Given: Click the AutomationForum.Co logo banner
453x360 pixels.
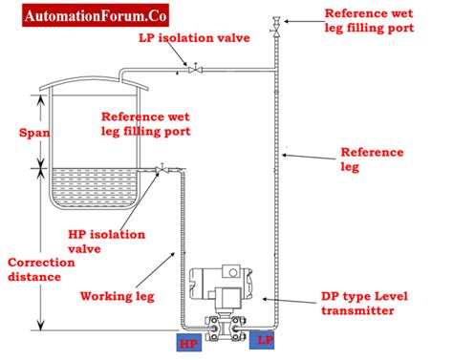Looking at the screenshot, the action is pos(96,15).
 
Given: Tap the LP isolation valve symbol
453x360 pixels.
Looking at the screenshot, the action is pos(195,69).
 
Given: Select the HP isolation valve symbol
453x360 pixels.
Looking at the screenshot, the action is pos(162,169).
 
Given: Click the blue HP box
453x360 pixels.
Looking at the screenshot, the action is pos(189,343).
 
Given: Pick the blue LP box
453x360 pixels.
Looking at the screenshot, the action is pos(262,340).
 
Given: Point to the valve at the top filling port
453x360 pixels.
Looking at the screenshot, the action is pos(276,31).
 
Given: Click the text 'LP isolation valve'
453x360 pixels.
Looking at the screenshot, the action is pos(194,37).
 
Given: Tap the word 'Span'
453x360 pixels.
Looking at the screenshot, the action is pos(34,133).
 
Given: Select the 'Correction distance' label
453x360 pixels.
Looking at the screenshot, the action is pos(41,269).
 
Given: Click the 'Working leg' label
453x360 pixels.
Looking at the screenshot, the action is pos(118,296).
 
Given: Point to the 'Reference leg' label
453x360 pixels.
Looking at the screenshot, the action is pos(372,159).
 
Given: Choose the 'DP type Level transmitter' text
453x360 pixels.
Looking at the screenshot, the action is pos(364,303).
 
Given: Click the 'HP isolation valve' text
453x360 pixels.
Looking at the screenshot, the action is pos(106,242).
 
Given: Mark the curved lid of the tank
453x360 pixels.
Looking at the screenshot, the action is pos(94,82).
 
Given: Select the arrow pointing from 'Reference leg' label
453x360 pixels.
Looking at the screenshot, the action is pos(309,157).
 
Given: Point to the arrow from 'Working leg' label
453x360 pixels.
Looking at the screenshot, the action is pos(156,269).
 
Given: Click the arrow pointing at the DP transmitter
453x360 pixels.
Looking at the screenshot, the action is pos(290,301).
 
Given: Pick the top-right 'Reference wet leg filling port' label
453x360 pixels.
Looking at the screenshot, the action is pos(369,21).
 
